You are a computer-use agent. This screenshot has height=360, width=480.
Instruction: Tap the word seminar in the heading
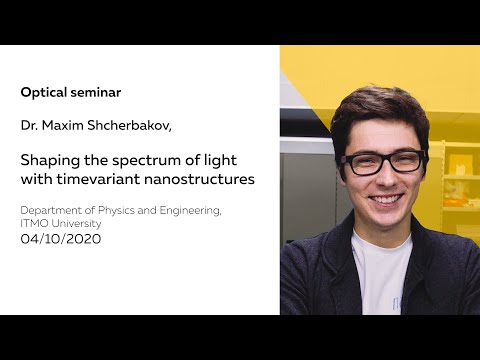click(x=95, y=92)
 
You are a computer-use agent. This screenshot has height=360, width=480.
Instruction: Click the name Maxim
click(x=69, y=126)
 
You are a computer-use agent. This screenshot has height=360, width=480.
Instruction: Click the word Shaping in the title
click(x=48, y=160)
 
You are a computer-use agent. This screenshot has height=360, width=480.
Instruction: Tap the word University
click(x=79, y=223)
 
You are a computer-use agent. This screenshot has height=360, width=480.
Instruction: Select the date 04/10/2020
click(x=61, y=239)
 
